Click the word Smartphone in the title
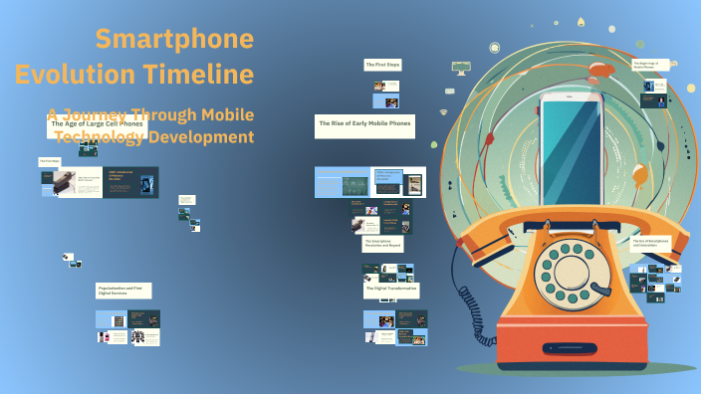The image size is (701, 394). (x=174, y=41)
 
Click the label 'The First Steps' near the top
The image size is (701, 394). (x=382, y=65)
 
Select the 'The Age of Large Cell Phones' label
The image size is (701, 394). (x=97, y=123)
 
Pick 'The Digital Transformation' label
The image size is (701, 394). (x=390, y=290)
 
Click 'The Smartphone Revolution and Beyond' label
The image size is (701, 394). (x=382, y=244)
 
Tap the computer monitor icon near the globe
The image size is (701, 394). (x=460, y=67)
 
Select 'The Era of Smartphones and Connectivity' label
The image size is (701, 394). (x=651, y=242)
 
